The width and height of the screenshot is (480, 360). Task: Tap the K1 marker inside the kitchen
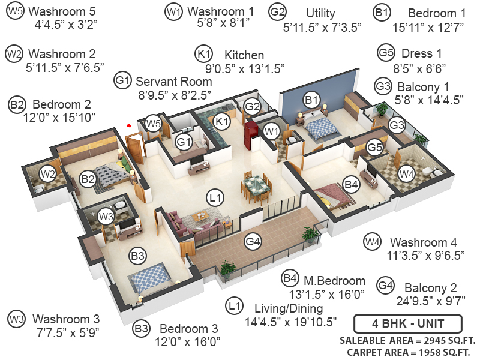223,122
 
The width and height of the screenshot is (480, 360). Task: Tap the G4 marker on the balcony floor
253,242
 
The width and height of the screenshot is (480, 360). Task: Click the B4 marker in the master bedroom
352,185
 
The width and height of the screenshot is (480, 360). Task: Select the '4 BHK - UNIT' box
407,324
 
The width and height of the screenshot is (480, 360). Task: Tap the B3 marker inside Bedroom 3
139,256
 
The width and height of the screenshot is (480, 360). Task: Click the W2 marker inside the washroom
48,174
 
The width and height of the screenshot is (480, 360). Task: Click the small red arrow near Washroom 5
128,125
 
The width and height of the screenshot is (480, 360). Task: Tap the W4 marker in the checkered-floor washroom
406,174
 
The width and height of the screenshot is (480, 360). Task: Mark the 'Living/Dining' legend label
289,308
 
